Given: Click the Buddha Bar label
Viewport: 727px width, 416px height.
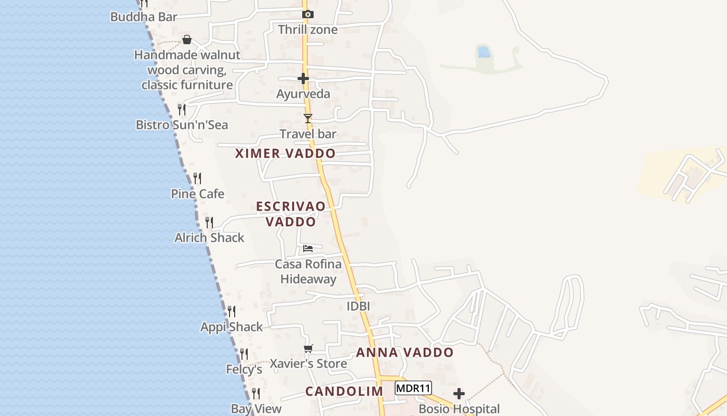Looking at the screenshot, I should point(144,17).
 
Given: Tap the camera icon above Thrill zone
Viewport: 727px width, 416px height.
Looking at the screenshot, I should point(308,15).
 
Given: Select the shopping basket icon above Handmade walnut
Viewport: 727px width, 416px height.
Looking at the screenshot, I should point(187,40).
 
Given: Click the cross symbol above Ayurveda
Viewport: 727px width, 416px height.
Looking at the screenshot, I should point(303,79).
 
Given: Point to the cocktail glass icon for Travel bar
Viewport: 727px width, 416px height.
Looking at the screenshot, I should point(308,119).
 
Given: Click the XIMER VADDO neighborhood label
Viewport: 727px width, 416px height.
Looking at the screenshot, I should point(285,153).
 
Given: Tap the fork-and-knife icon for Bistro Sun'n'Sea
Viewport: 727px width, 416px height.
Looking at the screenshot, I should point(182,110).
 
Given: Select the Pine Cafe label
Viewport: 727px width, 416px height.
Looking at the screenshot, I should point(197,194).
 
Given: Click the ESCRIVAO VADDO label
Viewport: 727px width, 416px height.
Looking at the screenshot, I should point(291,214).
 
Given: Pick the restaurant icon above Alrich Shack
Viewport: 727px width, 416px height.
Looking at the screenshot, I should point(209,223).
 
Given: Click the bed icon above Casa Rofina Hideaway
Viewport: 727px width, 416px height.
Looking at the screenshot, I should point(308,248).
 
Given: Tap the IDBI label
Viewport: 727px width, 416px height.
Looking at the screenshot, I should point(358,306).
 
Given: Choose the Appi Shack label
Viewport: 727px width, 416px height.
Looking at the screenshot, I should point(232,327).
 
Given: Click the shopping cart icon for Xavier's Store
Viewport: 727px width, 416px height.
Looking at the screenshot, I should point(308,349).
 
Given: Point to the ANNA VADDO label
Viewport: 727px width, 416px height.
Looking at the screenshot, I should point(405,353).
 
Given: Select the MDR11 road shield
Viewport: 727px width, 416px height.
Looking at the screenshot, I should point(413,388).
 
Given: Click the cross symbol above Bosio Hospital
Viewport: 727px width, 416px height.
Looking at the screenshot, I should point(459,394).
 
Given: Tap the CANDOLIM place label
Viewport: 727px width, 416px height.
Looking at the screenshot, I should point(344,392).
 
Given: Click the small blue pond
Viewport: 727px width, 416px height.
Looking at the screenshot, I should point(483,51).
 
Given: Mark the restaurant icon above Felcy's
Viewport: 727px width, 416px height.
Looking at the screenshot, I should point(244,354).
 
